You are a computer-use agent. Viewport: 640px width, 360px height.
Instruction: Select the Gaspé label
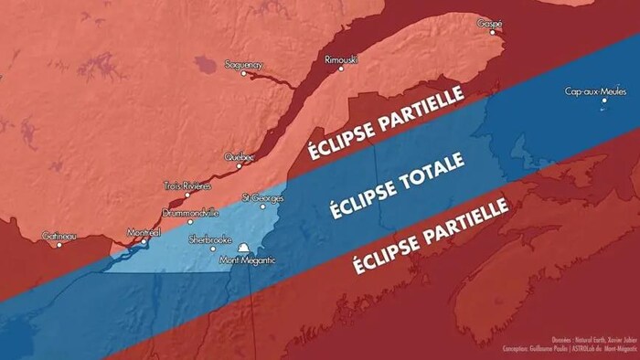tap(490, 23)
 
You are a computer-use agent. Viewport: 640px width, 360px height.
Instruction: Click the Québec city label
tap(240, 157)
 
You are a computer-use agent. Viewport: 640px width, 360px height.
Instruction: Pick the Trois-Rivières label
tap(187, 185)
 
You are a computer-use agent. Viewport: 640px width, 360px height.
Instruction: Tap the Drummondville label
tap(190, 212)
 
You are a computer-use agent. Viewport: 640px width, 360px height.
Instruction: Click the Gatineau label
tap(59, 236)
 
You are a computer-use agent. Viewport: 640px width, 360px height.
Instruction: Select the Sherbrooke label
tap(208, 239)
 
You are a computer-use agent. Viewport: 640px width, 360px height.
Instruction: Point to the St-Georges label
tap(262, 197)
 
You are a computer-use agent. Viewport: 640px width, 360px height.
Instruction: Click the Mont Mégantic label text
tap(247, 261)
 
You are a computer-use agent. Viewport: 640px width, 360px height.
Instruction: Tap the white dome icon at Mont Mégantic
tap(244, 249)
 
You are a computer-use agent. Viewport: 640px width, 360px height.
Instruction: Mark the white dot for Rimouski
tap(342, 69)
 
